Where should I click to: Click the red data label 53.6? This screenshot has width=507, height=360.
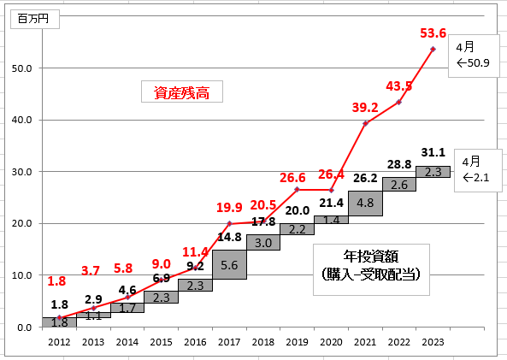(433, 33)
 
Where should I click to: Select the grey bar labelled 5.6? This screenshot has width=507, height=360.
(230, 264)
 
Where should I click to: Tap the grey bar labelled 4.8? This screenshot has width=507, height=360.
(365, 204)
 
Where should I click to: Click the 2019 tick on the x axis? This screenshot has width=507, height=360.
(298, 342)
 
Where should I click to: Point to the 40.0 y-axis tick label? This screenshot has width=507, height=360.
(21, 120)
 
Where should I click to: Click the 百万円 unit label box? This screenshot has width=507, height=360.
(35, 19)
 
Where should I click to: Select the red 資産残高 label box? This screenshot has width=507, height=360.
(182, 91)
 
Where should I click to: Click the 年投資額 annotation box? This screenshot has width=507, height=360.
(371, 269)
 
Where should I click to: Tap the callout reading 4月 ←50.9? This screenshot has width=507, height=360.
(474, 56)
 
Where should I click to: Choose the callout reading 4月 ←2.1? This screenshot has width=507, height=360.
(478, 170)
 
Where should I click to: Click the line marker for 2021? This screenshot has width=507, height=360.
(365, 123)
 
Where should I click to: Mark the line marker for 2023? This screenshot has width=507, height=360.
(433, 49)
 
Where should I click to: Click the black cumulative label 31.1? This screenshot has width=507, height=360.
(433, 152)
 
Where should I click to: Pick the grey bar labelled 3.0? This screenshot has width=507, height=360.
(263, 242)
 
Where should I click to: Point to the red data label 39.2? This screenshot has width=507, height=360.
(365, 108)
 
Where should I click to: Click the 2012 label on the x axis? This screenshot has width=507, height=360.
(59, 342)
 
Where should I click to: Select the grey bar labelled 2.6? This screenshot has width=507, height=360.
(399, 184)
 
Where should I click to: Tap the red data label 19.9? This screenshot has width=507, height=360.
(229, 207)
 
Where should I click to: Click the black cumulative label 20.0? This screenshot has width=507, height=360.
(298, 210)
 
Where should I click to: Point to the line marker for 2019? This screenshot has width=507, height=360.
(298, 189)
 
